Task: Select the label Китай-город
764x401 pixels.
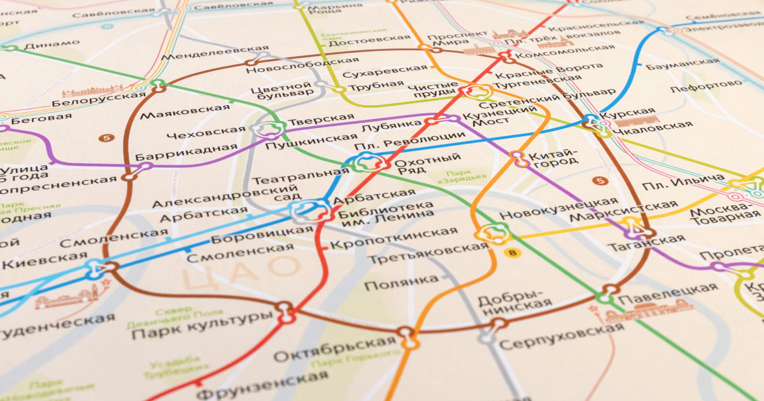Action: coord(555,157)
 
